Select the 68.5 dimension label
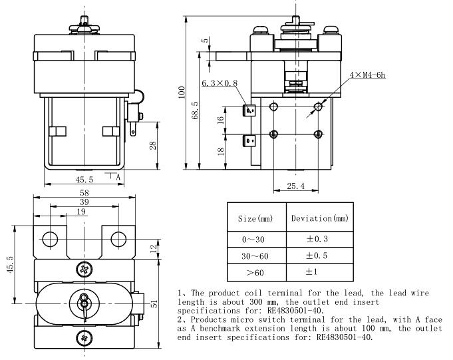pyautogui.click(x=195, y=110)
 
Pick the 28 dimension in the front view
pyautogui.click(x=153, y=144)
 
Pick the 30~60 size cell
pyautogui.click(x=256, y=256)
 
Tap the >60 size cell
pyautogui.click(x=256, y=272)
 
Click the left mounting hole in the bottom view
pyautogui.click(x=51, y=239)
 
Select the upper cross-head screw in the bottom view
pyautogui.click(x=84, y=270)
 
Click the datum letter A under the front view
pyautogui.click(x=118, y=178)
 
